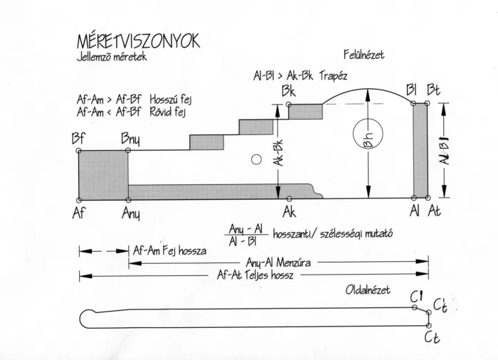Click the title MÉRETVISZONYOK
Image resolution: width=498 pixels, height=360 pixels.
click(139, 41)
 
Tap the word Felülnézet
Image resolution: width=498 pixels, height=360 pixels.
click(364, 55)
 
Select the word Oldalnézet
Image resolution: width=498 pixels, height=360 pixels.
click(368, 290)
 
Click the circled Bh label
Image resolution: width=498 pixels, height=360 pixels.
click(368, 134)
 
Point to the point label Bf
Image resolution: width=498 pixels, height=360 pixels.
click(78, 139)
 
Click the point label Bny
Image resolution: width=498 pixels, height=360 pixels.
click(130, 139)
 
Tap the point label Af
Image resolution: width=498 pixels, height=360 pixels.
click(79, 213)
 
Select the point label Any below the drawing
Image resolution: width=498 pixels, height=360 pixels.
click(131, 214)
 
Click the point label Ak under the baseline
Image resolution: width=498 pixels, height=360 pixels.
click(290, 211)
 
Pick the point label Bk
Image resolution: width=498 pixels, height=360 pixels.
click(289, 91)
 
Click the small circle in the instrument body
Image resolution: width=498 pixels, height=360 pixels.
click(256, 159)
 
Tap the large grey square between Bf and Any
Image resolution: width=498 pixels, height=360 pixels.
click(103, 175)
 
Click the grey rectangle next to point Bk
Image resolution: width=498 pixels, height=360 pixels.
click(305, 112)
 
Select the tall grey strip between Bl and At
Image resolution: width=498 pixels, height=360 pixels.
click(420, 150)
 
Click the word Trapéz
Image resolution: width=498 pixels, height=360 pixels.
click(333, 76)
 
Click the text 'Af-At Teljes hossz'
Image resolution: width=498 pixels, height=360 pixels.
click(255, 275)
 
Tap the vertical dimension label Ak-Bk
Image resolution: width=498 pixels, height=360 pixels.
click(278, 153)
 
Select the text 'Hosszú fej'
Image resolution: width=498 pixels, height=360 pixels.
click(171, 100)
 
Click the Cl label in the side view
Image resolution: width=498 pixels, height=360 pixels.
click(416, 297)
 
